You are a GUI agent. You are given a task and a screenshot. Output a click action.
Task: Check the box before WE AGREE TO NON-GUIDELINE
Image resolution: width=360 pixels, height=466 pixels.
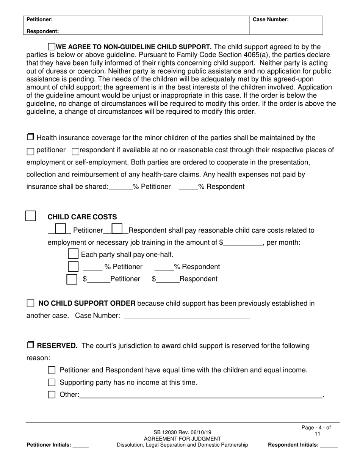coord(52,47)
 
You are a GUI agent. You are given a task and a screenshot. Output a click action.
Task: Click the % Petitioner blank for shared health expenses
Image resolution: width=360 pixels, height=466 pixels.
coord(120,187)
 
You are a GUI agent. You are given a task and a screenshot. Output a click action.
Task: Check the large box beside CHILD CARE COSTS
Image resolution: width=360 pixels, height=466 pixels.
coord(31,216)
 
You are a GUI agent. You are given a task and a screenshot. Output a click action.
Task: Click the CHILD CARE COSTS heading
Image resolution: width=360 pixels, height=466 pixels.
coord(82,217)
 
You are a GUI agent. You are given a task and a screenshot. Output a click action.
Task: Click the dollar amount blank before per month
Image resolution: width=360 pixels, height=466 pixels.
coord(243,242)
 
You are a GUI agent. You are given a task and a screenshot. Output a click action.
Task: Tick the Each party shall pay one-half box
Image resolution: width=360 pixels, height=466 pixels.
coord(73,254)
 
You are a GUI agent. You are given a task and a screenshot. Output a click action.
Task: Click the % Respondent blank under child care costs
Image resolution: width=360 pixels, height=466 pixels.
coord(164,267)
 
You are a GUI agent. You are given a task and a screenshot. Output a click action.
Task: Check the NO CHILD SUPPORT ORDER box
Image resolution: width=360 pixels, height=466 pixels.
coord(31,303)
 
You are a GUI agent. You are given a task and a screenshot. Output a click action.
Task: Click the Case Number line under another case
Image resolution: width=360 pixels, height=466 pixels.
coord(187,316)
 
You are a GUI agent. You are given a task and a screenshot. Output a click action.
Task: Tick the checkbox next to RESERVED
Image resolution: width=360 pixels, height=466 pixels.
coord(31,345)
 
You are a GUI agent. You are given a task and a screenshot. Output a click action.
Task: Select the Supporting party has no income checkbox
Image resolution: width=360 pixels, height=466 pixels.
coord(52,382)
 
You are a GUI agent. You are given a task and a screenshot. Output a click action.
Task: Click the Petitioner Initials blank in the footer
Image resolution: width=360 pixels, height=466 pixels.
coord(80,445)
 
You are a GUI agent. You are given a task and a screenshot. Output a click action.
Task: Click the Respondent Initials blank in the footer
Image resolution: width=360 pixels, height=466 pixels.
coord(329,445)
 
